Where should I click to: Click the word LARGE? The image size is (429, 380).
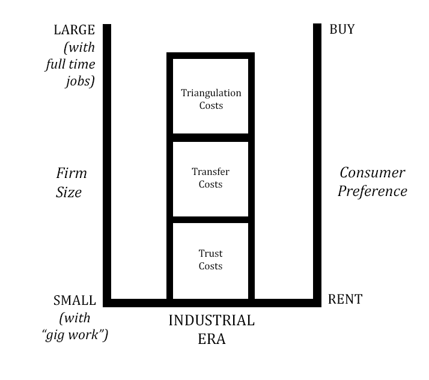[75, 30]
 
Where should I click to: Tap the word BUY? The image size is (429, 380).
[342, 29]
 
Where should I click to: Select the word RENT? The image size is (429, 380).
[345, 299]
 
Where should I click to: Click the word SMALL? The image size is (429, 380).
[75, 300]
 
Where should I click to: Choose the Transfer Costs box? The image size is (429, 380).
[211, 179]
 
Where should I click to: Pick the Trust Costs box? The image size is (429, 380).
[211, 260]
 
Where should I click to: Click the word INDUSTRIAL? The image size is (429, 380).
[211, 320]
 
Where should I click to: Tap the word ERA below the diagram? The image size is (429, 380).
[211, 339]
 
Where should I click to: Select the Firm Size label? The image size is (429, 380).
[71, 183]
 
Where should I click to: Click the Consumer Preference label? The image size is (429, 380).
[372, 182]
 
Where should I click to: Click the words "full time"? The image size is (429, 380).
[70, 64]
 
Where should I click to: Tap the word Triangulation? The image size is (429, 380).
[211, 93]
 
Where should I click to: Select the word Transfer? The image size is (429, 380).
[211, 172]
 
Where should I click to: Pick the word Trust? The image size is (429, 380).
[211, 254]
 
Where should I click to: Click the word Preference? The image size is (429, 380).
[373, 191]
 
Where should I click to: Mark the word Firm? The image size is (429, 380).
[71, 174]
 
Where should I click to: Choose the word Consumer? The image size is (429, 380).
[373, 173]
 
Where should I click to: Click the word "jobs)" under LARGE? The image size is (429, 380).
[80, 81]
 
